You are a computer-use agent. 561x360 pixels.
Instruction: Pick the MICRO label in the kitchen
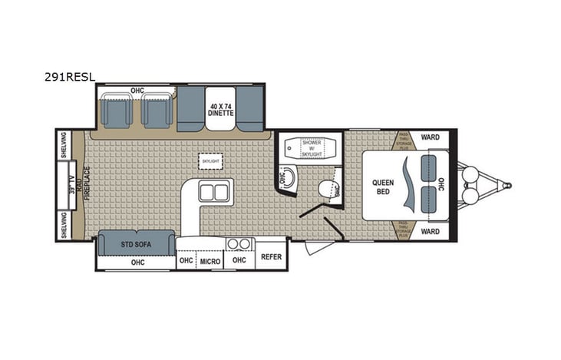pyautogui.click(x=210, y=262)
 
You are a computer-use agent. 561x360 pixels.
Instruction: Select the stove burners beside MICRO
pyautogui.click(x=239, y=244)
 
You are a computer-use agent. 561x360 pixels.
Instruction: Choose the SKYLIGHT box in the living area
pyautogui.click(x=210, y=161)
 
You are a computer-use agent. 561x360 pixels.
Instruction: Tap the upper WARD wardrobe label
pyautogui.click(x=431, y=137)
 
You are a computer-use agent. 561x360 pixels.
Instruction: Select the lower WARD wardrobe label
pyautogui.click(x=431, y=231)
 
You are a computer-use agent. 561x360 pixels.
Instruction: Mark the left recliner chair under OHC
pyautogui.click(x=116, y=112)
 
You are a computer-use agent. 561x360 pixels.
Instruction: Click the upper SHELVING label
pyautogui.click(x=64, y=147)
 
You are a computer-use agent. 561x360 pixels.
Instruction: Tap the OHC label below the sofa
pyautogui.click(x=137, y=262)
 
